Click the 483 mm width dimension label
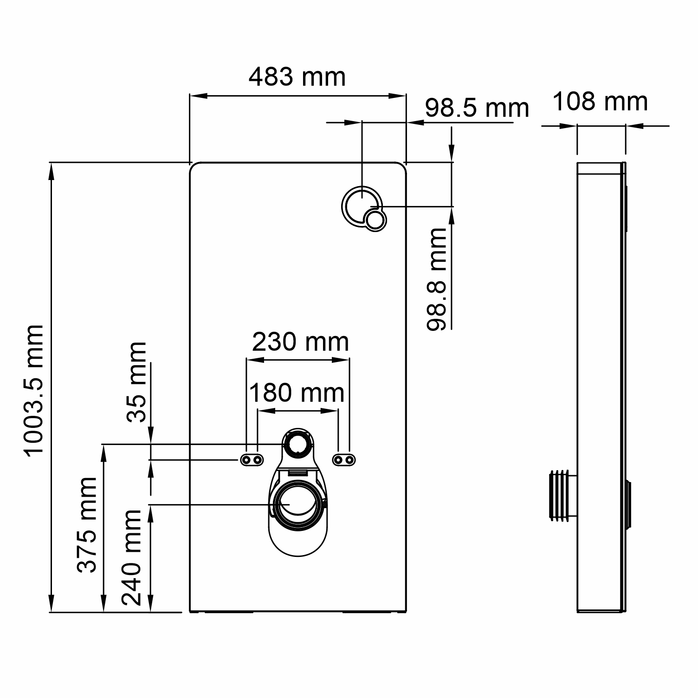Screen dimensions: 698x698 [x=297, y=77]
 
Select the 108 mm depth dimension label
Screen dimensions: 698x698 [x=600, y=102]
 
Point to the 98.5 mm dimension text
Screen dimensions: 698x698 [x=477, y=109]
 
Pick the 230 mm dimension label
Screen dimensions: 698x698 [x=300, y=343]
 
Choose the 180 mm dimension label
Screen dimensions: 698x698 [x=297, y=394]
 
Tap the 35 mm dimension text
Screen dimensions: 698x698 [x=137, y=381]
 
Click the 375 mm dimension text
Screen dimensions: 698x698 [x=87, y=524]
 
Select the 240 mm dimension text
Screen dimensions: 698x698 [x=131, y=557]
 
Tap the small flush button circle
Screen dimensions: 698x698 [x=375, y=220]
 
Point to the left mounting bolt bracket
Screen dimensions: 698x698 [x=251, y=460]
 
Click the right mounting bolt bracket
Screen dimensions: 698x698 [x=344, y=460]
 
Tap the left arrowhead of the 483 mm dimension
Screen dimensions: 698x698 [x=198, y=96]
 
